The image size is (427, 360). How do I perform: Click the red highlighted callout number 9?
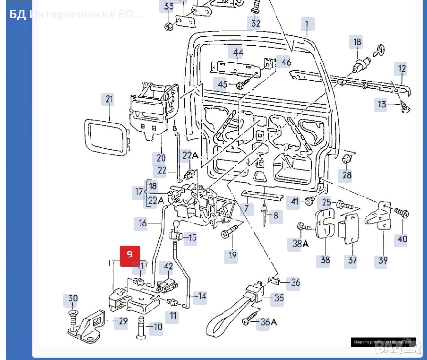point(130,256)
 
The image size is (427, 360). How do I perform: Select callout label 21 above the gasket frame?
point(110,100)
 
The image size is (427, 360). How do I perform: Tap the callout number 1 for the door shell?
point(307,24)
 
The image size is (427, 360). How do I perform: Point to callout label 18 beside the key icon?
point(357,42)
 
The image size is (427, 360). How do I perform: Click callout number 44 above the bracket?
point(237,52)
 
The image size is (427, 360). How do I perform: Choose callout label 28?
point(346,175)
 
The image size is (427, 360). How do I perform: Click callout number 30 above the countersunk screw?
point(72,299)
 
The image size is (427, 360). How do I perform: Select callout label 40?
point(403,238)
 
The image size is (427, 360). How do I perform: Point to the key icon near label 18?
point(380,50)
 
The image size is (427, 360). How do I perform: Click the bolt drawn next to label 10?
point(141,328)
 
